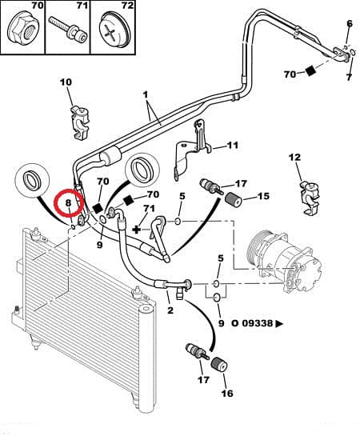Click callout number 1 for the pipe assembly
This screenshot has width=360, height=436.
[146, 94]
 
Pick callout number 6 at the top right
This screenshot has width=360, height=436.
[349, 25]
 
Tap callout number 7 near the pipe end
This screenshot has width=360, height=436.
[349, 77]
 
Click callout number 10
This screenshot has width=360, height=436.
[66, 82]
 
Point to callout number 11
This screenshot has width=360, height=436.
[233, 145]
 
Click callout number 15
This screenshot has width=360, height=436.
[263, 196]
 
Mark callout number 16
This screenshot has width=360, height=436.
[226, 394]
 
